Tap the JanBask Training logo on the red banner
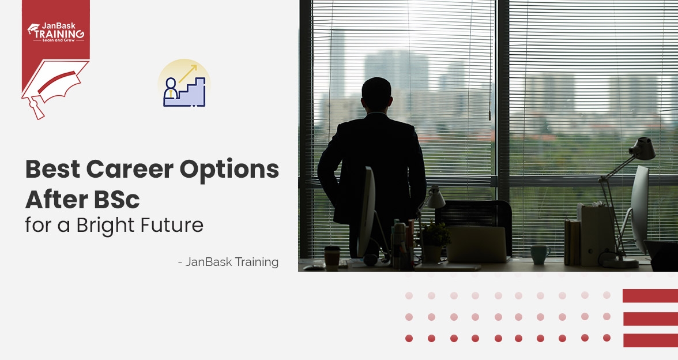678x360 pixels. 55,31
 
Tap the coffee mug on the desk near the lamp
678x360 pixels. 540,254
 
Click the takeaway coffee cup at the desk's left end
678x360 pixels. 332,257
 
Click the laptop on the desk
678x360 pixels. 476,244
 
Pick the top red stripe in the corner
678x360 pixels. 650,296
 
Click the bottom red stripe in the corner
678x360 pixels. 650,340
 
